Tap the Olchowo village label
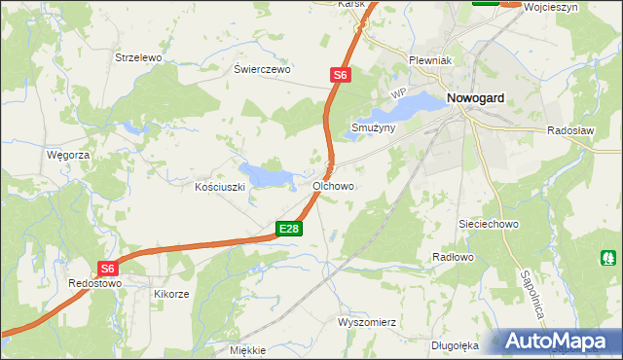coord(333,185)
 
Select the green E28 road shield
coord(289,229)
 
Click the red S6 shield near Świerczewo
coord(339,74)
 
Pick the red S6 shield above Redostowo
coord(108,269)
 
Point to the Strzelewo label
coord(137,57)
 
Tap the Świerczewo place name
coord(263,70)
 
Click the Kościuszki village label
coord(219,186)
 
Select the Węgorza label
coord(68,155)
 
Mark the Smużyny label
coord(373,127)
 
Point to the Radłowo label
coord(452,257)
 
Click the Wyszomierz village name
coord(368,321)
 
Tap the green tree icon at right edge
coord(608,259)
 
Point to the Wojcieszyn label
coord(577,6)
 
